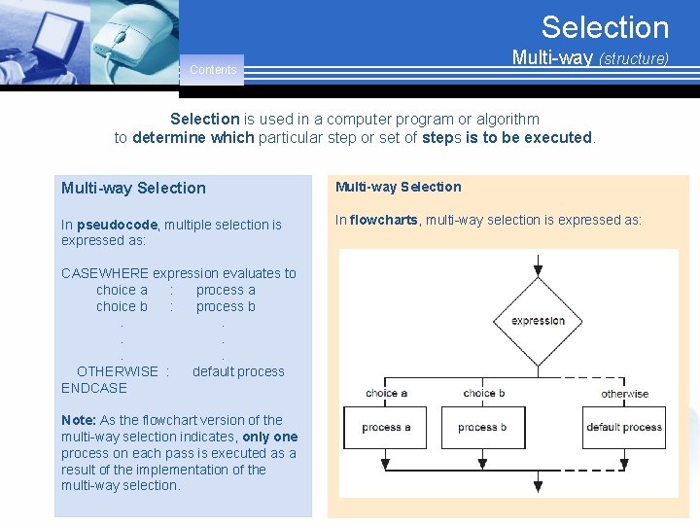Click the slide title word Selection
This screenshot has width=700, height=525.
605,27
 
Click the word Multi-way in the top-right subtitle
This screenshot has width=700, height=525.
552,58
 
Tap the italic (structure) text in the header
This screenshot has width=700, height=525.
633,59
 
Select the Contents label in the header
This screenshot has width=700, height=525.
213,70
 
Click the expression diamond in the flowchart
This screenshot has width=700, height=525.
538,321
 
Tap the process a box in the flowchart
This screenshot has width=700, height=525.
386,427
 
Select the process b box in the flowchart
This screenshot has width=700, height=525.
483,427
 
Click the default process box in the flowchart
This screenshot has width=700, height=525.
624,427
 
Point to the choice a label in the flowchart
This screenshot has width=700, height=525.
386,394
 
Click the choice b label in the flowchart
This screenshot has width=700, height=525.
484,394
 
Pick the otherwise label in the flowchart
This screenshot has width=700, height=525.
624,394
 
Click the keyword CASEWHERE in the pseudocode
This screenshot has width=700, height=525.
105,273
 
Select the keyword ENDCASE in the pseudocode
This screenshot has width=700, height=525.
94,388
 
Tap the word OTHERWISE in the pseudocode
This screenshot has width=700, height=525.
117,371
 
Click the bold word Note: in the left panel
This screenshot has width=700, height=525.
79,420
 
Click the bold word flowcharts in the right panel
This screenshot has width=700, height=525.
384,220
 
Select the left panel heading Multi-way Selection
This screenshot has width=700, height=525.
133,188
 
